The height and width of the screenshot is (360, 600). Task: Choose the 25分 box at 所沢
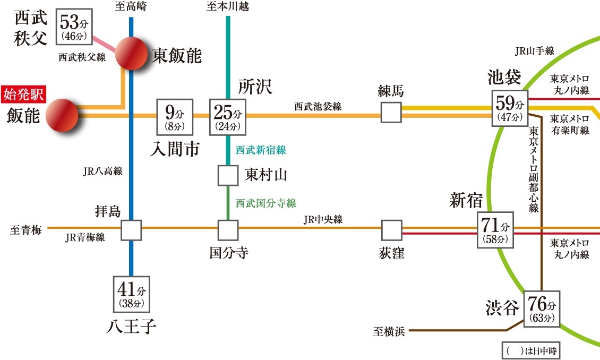tap(228, 117)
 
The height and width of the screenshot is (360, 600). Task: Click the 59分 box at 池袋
tap(510, 108)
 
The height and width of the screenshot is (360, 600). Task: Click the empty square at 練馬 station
tap(391, 112)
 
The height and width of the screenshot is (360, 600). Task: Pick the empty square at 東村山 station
tap(228, 176)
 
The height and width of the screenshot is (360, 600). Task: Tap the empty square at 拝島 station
tap(131, 230)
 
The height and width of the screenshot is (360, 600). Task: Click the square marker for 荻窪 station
tap(391, 230)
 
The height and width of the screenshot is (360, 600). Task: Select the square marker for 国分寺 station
tap(228, 230)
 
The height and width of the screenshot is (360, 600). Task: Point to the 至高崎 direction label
tap(131, 7)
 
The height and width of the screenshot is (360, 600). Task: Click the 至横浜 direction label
tap(389, 332)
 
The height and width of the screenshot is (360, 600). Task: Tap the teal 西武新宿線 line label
tap(261, 151)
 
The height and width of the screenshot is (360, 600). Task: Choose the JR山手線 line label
tap(535, 52)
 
